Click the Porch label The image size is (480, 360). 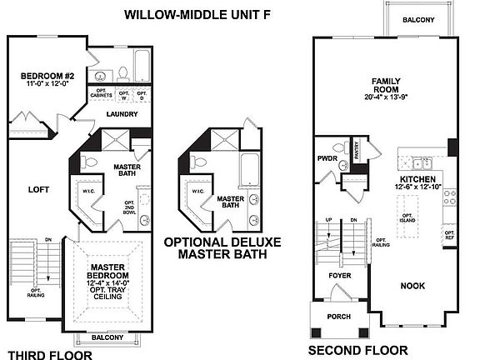pos(339,317)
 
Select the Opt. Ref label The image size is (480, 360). pos(449,236)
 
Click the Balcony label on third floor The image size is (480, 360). pos(107,337)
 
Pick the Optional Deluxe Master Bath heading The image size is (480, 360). pos(222,248)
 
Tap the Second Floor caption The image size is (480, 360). pos(357,351)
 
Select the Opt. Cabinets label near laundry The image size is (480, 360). pos(102,94)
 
